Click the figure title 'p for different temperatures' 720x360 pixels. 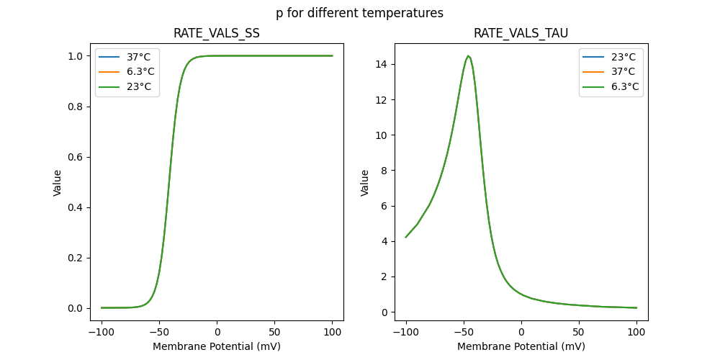[x=359, y=13]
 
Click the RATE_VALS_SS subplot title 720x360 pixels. [x=217, y=34]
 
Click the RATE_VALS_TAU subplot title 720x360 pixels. [x=521, y=34]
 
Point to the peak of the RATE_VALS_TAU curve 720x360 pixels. [x=468, y=56]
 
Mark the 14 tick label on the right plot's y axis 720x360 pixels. [x=386, y=64]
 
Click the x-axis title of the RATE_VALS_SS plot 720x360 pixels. [x=217, y=346]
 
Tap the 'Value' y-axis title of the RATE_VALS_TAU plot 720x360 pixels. [x=365, y=183]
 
